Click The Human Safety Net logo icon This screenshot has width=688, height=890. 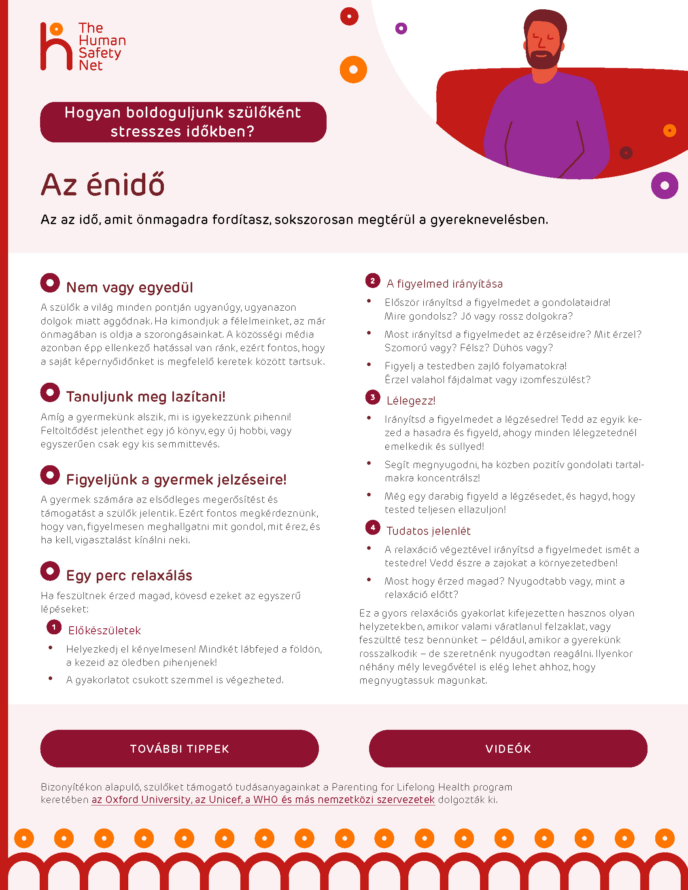pos(56,47)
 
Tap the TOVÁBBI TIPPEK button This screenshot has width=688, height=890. pos(179,748)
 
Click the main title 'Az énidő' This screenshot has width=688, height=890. pos(103,185)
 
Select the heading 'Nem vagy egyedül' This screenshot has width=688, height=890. pos(129,287)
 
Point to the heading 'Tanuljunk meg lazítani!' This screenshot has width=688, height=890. pos(146,396)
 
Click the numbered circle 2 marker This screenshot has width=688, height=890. pos(372,281)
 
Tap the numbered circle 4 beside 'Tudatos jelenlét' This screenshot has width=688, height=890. pos(372,527)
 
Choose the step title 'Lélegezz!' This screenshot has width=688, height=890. pos(410,400)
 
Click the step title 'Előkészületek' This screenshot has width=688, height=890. pos(104,630)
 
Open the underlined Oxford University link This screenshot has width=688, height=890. pos(263,799)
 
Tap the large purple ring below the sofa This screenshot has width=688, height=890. pos(665,185)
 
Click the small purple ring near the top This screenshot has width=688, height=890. pos(401,29)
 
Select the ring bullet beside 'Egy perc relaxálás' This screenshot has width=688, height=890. pos(50,571)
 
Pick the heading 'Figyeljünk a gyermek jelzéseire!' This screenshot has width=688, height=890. pos(176,479)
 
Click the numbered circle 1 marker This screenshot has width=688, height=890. pos(54,627)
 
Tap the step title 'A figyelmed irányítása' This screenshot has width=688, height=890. pos(444,284)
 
